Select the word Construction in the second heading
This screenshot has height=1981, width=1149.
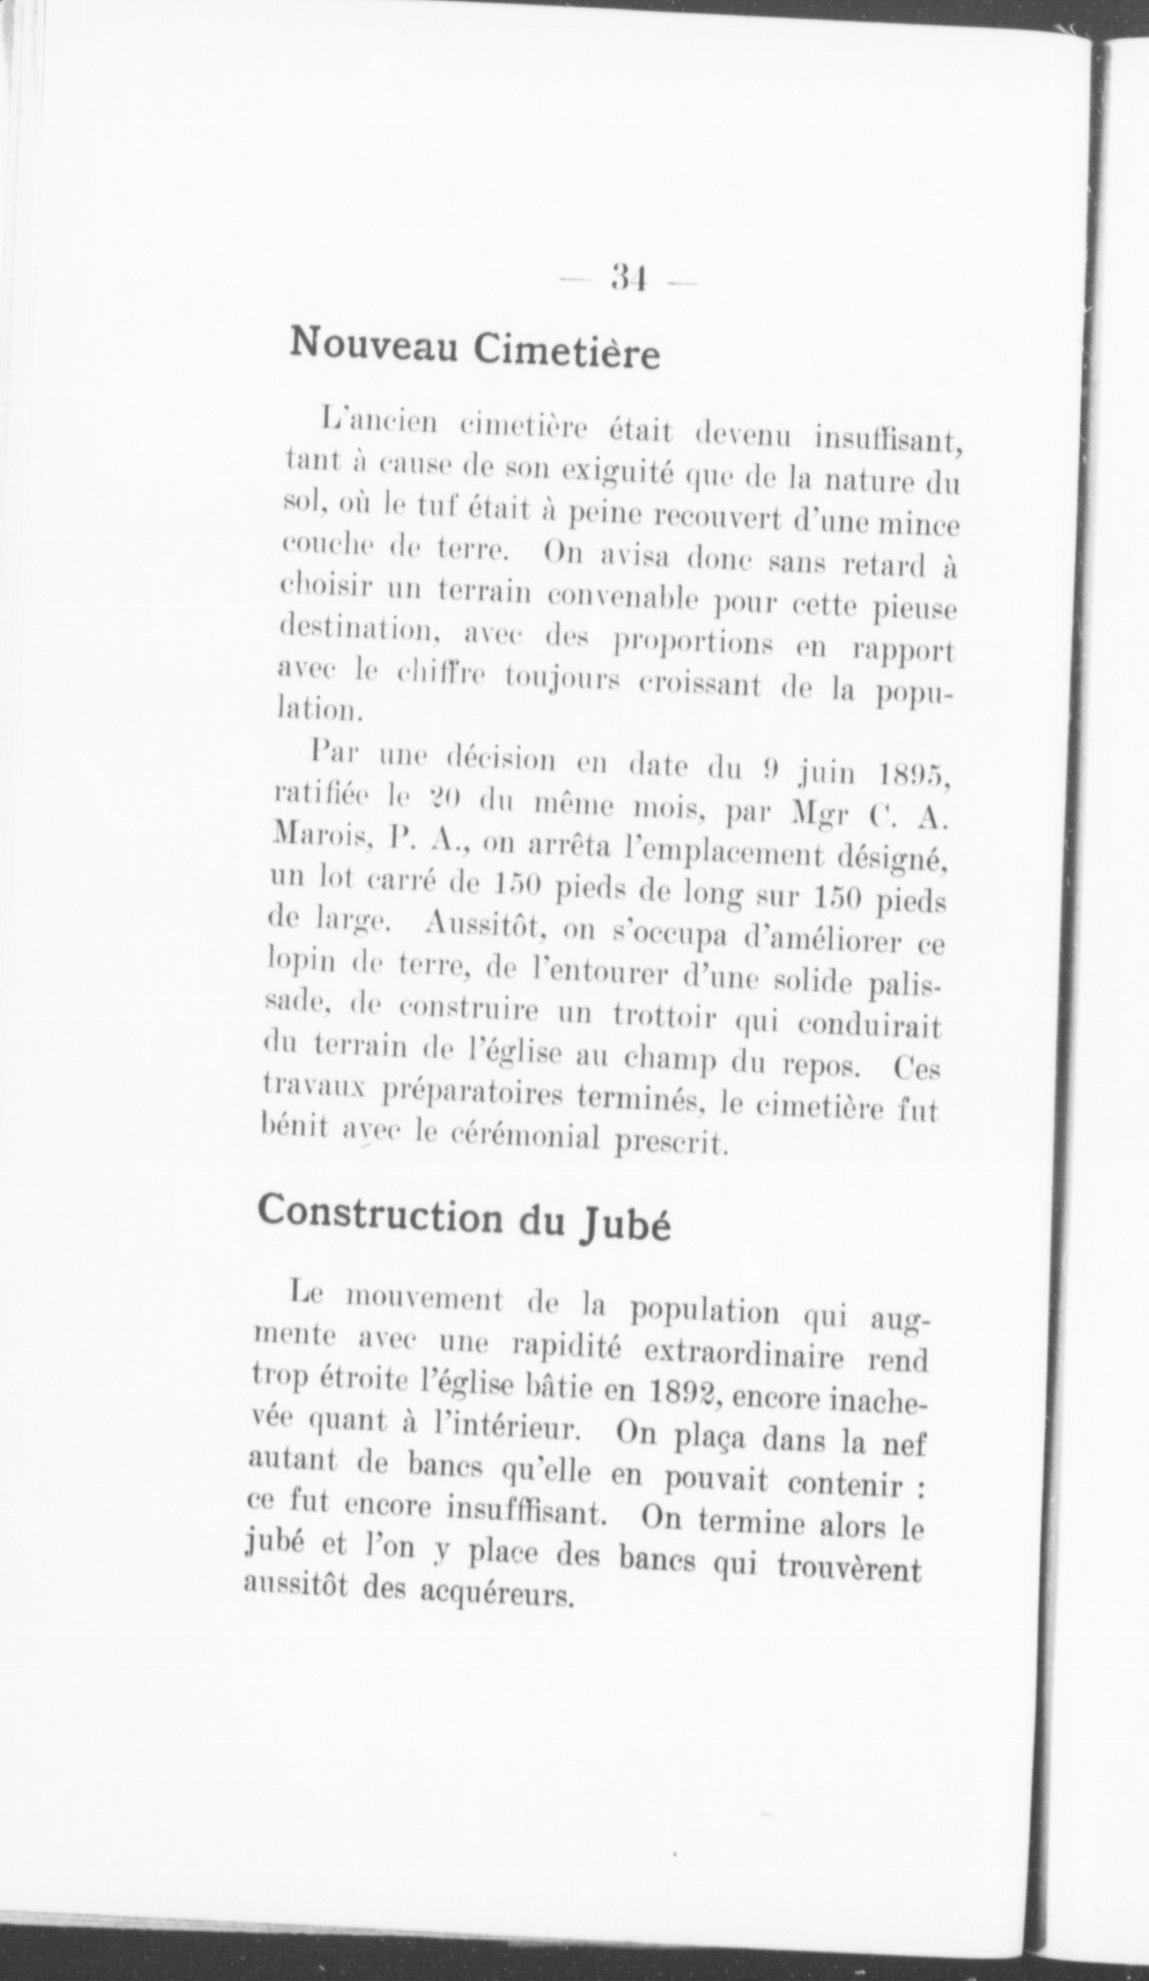382,1212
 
